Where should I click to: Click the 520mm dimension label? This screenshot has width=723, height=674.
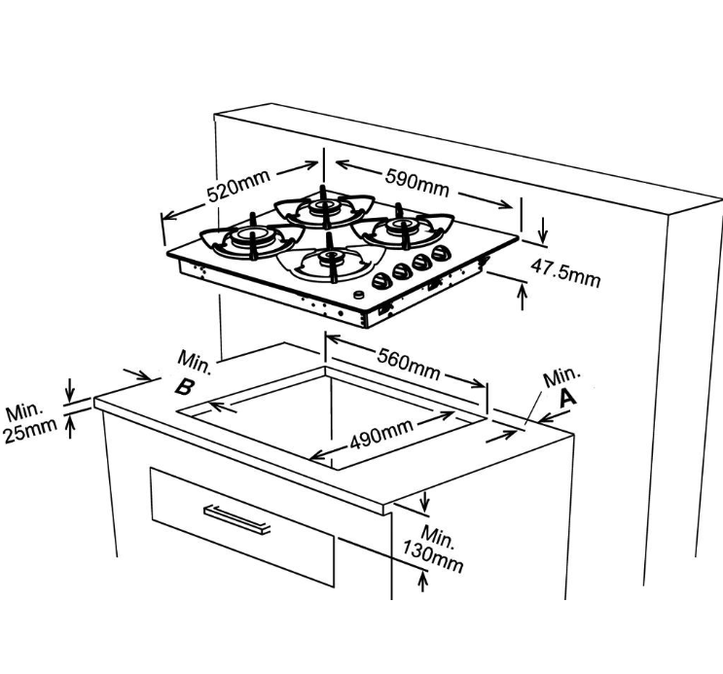click(x=238, y=186)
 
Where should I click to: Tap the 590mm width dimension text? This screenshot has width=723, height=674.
click(x=416, y=183)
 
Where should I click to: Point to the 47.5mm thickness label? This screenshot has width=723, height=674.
click(x=565, y=273)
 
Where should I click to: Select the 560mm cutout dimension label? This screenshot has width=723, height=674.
click(x=409, y=364)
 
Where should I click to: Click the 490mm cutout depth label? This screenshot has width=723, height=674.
click(x=381, y=435)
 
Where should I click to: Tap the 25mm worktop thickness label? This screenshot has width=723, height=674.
click(x=30, y=430)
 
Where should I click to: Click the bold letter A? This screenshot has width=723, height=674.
click(x=567, y=398)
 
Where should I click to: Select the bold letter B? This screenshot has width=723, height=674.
click(x=185, y=386)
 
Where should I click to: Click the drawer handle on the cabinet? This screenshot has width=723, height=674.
click(x=237, y=519)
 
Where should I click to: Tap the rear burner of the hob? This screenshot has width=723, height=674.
click(x=324, y=206)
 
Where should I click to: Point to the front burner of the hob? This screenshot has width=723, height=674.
click(x=331, y=261)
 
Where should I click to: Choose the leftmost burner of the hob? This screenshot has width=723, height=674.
click(x=252, y=238)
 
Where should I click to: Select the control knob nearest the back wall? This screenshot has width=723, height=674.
click(x=442, y=252)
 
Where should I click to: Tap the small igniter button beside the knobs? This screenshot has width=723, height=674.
click(x=359, y=295)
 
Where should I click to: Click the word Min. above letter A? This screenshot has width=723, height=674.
click(x=560, y=376)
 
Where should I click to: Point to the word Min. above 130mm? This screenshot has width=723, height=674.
click(x=438, y=536)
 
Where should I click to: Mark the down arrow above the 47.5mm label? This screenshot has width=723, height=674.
click(x=543, y=230)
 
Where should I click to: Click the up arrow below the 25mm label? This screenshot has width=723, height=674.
click(x=70, y=426)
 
